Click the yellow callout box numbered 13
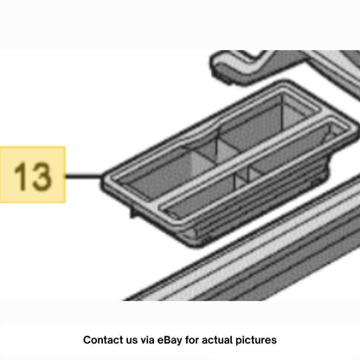click(33, 175)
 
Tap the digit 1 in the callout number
click(20, 177)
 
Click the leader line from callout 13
click(84, 176)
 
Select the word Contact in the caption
click(101, 340)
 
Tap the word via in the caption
click(147, 340)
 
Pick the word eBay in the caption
click(170, 340)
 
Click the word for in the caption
click(192, 340)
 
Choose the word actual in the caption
click(217, 340)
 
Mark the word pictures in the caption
click(256, 340)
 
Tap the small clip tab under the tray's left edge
click(133, 212)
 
